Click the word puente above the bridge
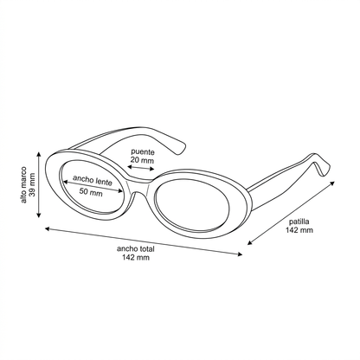pos(143,151)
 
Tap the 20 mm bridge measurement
pos(142,160)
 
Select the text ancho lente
pos(93,180)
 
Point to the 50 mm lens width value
pos(91,191)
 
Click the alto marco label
pos(23,184)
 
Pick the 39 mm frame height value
pos(32,184)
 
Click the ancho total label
pos(136,248)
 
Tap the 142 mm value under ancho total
pos(136,257)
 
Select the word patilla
pos(299,222)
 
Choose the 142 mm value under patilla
pos(299,230)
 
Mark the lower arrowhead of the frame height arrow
pos(39,215)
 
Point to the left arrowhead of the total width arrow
pos(48,228)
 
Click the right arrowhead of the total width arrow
pos(240,254)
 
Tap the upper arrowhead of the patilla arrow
pos(332,183)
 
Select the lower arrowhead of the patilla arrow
pos(250,242)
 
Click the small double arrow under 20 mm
pos(141,168)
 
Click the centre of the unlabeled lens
pos(192,205)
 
